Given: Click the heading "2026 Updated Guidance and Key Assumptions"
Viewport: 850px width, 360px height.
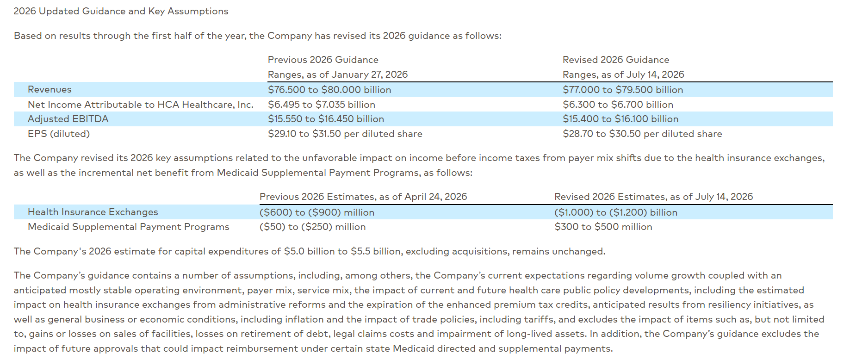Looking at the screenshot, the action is pyautogui.click(x=121, y=11).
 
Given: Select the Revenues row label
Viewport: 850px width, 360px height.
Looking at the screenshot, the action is pyautogui.click(x=50, y=89).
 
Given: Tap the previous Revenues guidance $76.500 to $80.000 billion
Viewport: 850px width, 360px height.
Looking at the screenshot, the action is pyautogui.click(x=329, y=90).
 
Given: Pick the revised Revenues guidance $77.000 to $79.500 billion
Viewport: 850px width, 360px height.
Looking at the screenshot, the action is pyautogui.click(x=623, y=90).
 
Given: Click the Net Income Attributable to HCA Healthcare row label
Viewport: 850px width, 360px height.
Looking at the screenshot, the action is pyautogui.click(x=141, y=105).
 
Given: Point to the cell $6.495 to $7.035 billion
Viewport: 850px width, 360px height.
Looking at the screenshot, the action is pyautogui.click(x=322, y=105).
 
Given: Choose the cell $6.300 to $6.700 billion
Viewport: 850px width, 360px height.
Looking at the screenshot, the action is pyautogui.click(x=618, y=105).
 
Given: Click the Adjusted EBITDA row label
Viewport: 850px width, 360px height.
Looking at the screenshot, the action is pyautogui.click(x=68, y=119).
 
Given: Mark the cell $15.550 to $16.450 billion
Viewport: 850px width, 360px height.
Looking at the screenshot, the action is pyautogui.click(x=326, y=119).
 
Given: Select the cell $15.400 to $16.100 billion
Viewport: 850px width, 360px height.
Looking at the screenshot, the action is pyautogui.click(x=620, y=119).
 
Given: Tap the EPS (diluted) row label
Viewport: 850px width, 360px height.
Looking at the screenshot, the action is pyautogui.click(x=59, y=134).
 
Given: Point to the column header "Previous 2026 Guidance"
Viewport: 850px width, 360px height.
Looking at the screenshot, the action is pyautogui.click(x=323, y=60).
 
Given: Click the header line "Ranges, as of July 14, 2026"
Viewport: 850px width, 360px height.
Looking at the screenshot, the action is pyautogui.click(x=623, y=74).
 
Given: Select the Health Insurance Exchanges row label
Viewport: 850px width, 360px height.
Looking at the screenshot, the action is pyautogui.click(x=93, y=212).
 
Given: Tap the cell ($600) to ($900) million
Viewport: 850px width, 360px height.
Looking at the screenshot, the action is pyautogui.click(x=317, y=212).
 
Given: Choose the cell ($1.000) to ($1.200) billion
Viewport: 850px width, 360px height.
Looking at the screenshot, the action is pyautogui.click(x=616, y=212).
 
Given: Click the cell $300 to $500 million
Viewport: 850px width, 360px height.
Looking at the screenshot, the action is pyautogui.click(x=603, y=227).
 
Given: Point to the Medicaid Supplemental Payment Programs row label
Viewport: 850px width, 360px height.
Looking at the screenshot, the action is pyautogui.click(x=129, y=227).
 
